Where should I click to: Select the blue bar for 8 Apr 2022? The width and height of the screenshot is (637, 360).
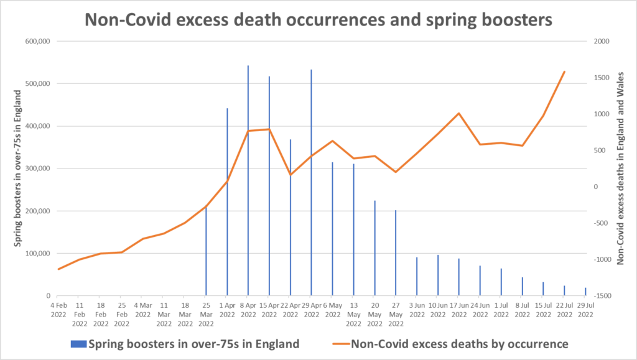pyautogui.click(x=248, y=180)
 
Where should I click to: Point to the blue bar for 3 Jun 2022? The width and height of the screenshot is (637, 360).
pyautogui.click(x=417, y=276)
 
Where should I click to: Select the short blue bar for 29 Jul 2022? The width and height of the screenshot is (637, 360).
pyautogui.click(x=585, y=292)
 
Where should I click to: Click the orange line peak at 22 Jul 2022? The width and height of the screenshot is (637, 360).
pyautogui.click(x=564, y=72)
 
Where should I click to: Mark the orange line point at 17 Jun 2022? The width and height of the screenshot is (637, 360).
pyautogui.click(x=458, y=113)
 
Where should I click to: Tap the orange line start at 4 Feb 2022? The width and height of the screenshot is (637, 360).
pyautogui.click(x=58, y=269)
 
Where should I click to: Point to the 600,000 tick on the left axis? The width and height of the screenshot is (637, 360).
pyautogui.click(x=37, y=42)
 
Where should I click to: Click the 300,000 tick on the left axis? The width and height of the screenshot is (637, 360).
pyautogui.click(x=37, y=168)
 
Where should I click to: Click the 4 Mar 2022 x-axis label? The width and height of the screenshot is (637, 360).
pyautogui.click(x=142, y=310)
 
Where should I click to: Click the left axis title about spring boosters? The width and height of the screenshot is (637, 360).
pyautogui.click(x=19, y=168)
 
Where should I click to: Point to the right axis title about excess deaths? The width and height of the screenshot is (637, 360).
pyautogui.click(x=620, y=168)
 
